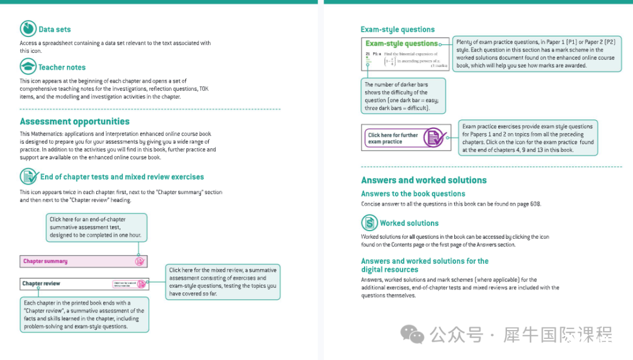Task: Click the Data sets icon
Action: tap(28, 29)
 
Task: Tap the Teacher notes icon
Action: tap(28, 66)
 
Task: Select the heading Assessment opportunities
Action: tap(74, 121)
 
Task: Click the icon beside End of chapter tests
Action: tap(28, 176)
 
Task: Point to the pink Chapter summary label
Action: tap(45, 261)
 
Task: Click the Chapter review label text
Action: tap(41, 284)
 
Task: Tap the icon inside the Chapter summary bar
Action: tap(139, 261)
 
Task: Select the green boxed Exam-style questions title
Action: tap(401, 43)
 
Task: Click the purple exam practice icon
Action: tap(434, 138)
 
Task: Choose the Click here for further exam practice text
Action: tap(393, 138)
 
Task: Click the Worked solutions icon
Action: tap(369, 223)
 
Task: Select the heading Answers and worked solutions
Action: tap(424, 180)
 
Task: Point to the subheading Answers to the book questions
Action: tap(413, 193)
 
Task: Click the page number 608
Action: tap(535, 204)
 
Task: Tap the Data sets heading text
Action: tap(55, 29)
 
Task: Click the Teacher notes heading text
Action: tap(62, 67)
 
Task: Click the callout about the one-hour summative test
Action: tap(96, 227)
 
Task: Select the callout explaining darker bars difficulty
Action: tap(404, 96)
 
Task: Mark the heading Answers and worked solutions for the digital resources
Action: tap(424, 265)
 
